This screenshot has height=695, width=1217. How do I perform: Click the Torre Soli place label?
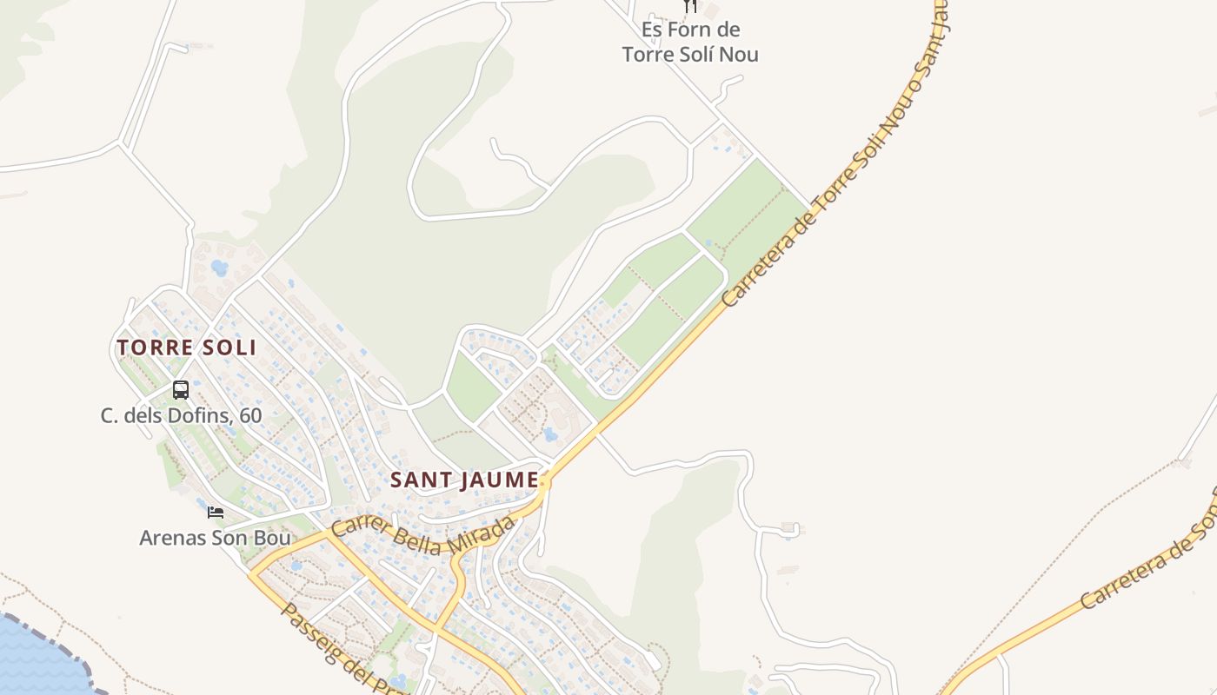click(186, 347)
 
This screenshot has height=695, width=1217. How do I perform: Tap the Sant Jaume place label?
click(464, 480)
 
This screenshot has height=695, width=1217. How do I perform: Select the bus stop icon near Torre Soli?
click(181, 390)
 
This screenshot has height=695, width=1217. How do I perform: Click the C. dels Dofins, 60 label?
click(181, 415)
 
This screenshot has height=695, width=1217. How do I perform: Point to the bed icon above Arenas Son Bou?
click(216, 513)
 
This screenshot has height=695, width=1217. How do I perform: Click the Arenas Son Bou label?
click(215, 538)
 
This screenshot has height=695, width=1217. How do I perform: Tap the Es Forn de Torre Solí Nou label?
click(690, 42)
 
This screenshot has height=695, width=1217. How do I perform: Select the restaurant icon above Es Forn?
click(690, 6)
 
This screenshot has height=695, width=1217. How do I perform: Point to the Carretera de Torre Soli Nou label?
click(835, 174)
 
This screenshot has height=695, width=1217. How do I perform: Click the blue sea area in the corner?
click(35, 660)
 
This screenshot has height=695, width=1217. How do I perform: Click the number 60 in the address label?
click(250, 415)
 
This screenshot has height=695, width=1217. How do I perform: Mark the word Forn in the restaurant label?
click(693, 30)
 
